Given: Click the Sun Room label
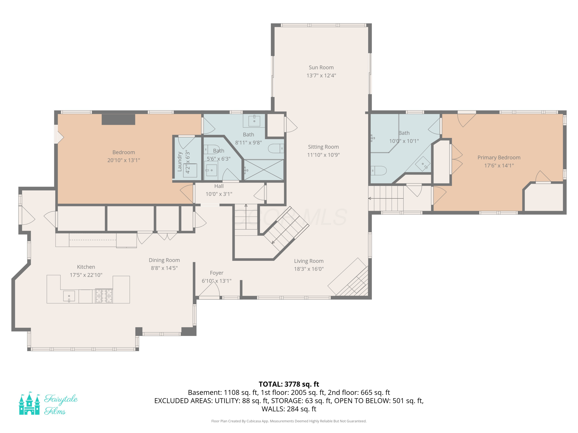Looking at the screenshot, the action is (x=321, y=67).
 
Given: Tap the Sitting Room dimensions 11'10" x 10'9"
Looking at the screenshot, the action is (x=323, y=155).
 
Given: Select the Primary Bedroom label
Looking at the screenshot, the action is (x=499, y=157).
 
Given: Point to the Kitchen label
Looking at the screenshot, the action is (x=86, y=267).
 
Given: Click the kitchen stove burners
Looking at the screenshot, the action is (x=104, y=295).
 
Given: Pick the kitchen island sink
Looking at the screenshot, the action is (x=69, y=296).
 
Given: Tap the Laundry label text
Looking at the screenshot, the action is (x=180, y=162).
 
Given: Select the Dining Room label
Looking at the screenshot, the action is (x=164, y=260).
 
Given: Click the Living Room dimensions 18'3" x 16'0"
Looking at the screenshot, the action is (x=309, y=269).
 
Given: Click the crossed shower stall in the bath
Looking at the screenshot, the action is (x=264, y=170).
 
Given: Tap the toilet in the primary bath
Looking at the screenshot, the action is (x=379, y=171).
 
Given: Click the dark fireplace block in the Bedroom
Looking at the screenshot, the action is (x=118, y=119).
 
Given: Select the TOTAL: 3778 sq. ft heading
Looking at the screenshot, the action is (x=289, y=384).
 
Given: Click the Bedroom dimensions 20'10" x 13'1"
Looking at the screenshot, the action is (x=124, y=160).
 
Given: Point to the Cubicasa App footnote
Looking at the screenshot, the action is (x=289, y=421).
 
